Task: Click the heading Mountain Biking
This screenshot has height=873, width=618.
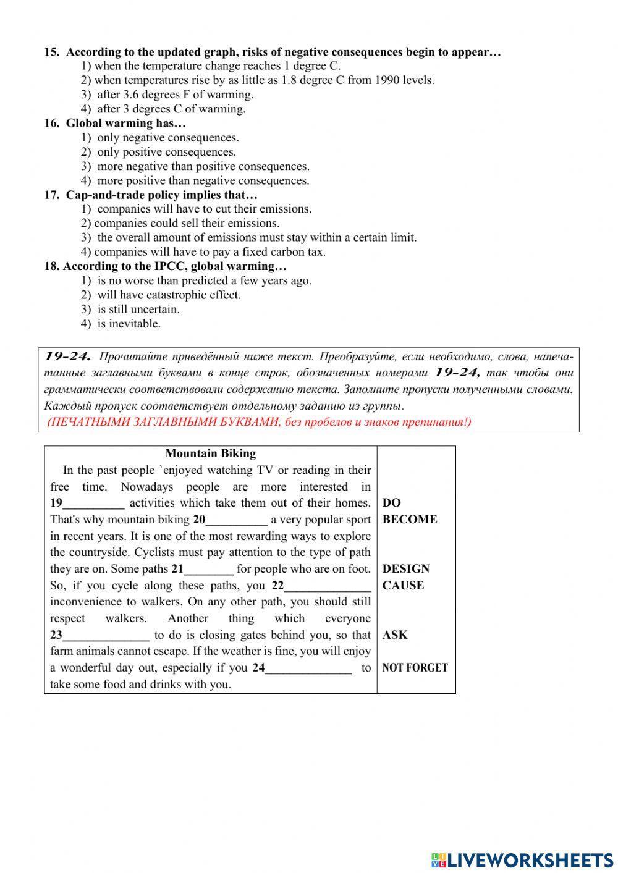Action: (x=211, y=453)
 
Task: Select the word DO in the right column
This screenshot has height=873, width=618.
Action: (x=391, y=503)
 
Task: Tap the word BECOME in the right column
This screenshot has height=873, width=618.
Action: (x=409, y=520)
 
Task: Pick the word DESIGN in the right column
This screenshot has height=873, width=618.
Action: (x=405, y=569)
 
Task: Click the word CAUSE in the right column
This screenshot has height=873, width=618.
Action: (x=403, y=586)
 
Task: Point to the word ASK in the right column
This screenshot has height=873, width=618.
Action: (x=395, y=635)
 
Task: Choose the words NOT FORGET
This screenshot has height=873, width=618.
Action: (x=415, y=668)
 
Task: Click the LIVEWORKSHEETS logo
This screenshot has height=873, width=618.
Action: (x=522, y=859)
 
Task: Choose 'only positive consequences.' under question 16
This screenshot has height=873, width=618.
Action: (x=166, y=152)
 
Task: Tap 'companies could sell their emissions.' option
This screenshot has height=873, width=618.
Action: (x=186, y=223)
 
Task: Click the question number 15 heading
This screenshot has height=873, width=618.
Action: (x=272, y=52)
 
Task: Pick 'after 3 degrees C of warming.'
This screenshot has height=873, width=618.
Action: (x=171, y=109)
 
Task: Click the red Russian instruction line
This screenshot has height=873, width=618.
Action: (x=259, y=423)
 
